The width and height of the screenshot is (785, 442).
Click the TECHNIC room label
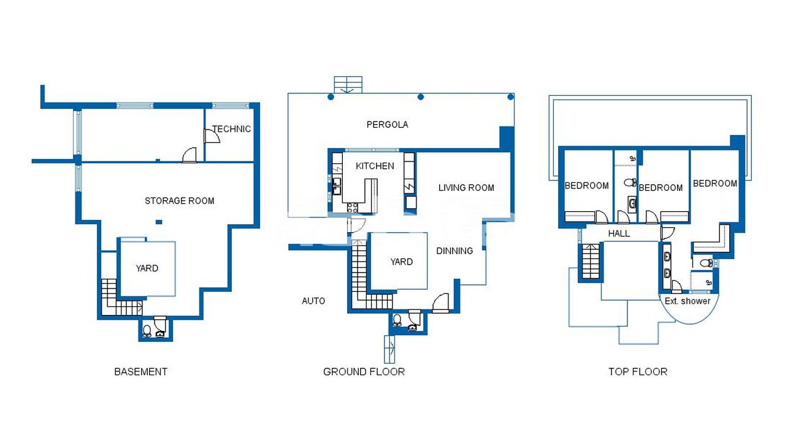pyautogui.click(x=231, y=129)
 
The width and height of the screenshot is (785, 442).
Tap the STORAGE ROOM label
pyautogui.click(x=180, y=201)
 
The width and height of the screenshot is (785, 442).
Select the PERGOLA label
pyautogui.click(x=387, y=125)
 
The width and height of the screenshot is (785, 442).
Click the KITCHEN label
pyautogui.click(x=375, y=166)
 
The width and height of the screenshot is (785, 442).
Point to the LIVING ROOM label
pyautogui.click(x=466, y=188)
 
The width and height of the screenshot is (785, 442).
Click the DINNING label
pyautogui.click(x=454, y=251)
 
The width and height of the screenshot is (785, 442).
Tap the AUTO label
pyautogui.click(x=313, y=301)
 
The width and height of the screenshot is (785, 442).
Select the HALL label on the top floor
pyautogui.click(x=619, y=233)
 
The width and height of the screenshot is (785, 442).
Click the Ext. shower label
pyautogui.click(x=687, y=301)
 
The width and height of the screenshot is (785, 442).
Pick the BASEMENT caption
pyautogui.click(x=141, y=371)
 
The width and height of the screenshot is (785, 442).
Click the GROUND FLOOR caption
pyautogui.click(x=364, y=371)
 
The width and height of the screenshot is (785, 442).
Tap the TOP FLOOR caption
pyautogui.click(x=638, y=371)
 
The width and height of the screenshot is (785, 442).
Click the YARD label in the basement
pyautogui.click(x=147, y=268)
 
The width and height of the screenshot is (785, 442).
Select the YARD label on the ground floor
pyautogui.click(x=401, y=262)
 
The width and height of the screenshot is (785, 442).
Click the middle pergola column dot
pyautogui.click(x=421, y=97)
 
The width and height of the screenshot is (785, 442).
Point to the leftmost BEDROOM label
pyautogui.click(x=587, y=185)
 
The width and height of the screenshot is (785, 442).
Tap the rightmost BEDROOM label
pyautogui.click(x=715, y=184)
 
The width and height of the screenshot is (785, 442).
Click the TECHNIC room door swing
pyautogui.click(x=212, y=136)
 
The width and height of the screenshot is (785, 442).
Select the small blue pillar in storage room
pyautogui.click(x=159, y=222)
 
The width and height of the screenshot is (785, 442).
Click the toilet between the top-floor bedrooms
pyautogui.click(x=630, y=182)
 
